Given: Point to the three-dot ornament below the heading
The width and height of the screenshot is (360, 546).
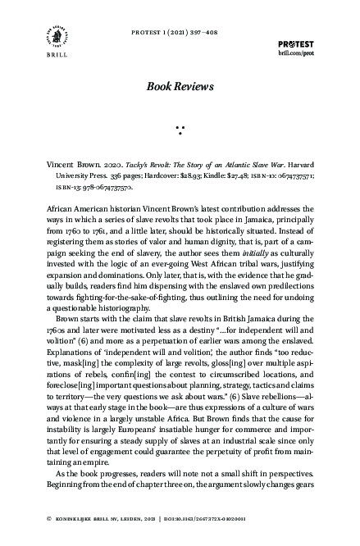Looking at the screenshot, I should pos(180,128).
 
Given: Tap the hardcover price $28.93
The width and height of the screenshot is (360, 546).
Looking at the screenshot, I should pos(215,175).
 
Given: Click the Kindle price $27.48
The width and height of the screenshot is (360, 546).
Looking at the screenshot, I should pos(262,175).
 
